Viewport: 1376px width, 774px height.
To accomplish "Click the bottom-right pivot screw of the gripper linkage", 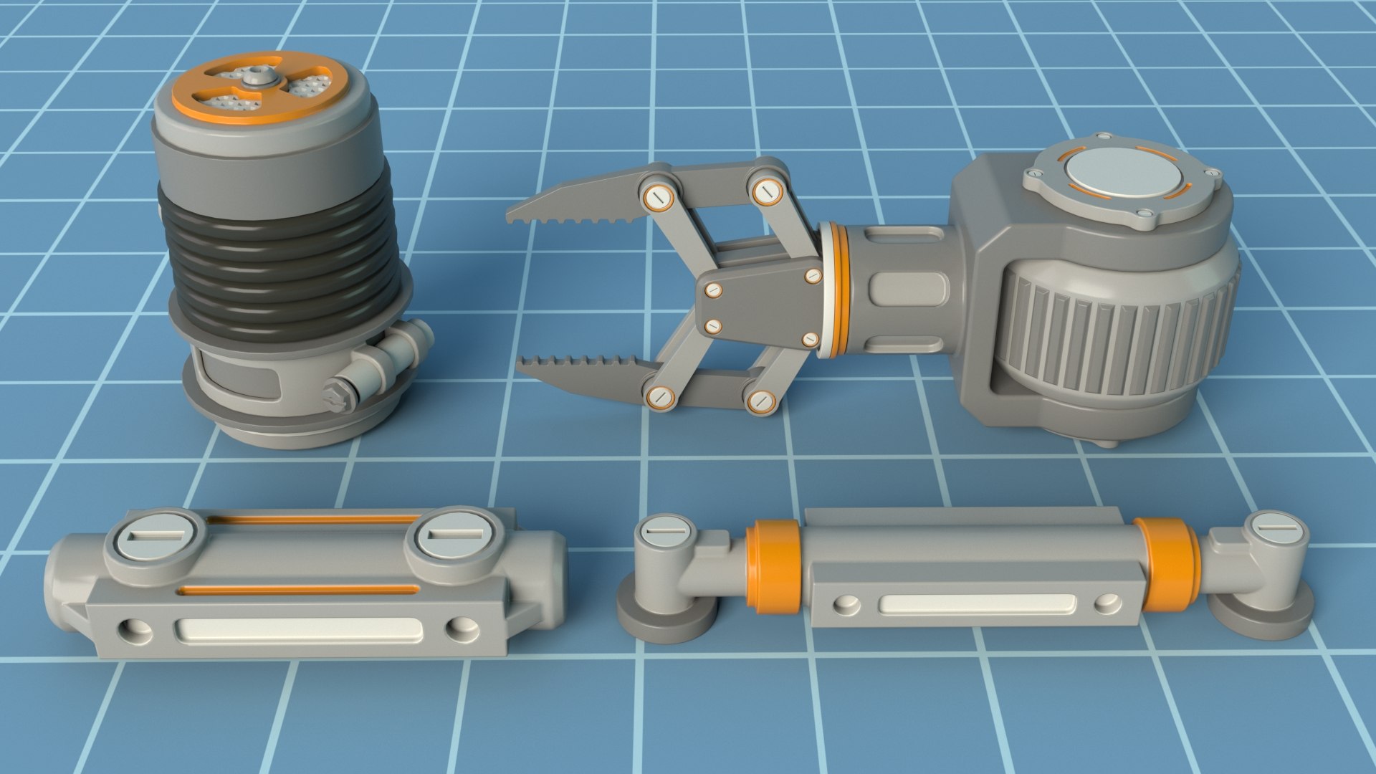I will coord(761,401).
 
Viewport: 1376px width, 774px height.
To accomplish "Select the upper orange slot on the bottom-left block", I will coord(315,519).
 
